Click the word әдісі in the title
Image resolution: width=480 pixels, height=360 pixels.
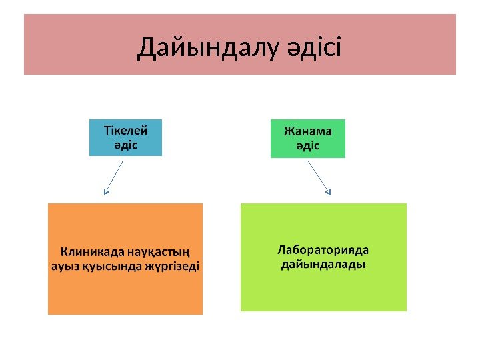(x=314, y=48)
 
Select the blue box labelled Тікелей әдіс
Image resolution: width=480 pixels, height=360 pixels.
(x=125, y=137)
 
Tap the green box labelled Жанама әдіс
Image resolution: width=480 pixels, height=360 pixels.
(x=307, y=138)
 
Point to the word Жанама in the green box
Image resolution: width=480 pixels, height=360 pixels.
(x=307, y=130)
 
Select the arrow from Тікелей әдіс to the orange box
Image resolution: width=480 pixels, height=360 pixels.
(x=114, y=177)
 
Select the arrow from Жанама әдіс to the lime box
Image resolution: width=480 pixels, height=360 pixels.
(x=319, y=176)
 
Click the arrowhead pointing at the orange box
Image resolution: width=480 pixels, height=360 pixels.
(x=105, y=193)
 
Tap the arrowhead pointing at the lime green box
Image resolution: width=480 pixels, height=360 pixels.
(x=329, y=193)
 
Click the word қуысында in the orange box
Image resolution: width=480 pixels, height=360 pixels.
(x=109, y=266)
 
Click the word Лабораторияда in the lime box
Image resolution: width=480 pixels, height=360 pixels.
(x=323, y=251)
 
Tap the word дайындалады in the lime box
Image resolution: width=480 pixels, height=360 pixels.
(x=323, y=265)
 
